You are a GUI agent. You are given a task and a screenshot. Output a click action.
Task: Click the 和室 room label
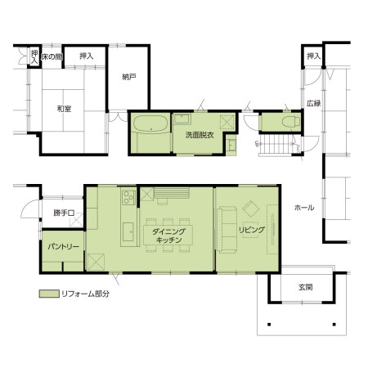coord(64,109)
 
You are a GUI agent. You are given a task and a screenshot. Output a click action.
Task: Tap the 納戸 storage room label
coord(128,77)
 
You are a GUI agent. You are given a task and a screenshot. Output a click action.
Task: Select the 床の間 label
coord(52,56)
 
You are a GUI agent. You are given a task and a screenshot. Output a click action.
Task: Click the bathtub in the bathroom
coord(150,124)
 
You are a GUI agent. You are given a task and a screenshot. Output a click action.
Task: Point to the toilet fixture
coord(291,122)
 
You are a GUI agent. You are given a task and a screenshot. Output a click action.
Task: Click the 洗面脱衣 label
coord(200,135)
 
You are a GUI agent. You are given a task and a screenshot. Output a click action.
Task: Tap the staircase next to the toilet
coord(276,145)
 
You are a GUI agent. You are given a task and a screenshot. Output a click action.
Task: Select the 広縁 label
coord(313,103)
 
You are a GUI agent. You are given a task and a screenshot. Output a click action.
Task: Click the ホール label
coord(304,208)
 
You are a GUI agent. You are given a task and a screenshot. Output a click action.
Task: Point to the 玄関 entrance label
coord(305,287)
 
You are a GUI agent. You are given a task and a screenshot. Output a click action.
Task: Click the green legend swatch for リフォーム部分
coord(49,294)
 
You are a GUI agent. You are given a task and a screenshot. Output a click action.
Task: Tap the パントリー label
coord(64,246)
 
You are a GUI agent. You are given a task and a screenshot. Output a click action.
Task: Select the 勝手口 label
coord(64,213)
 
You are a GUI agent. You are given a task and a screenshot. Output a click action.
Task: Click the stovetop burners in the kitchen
coord(128,197)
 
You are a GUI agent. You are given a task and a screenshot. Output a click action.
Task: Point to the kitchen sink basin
coord(128,232)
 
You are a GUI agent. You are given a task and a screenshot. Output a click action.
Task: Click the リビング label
coord(252,230)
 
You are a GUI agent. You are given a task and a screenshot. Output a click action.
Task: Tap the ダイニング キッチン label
coord(168,236)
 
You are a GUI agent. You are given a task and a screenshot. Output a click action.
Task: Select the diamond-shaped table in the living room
coord(251,209)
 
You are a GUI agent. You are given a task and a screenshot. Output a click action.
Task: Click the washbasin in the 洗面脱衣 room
coord(182,119)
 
